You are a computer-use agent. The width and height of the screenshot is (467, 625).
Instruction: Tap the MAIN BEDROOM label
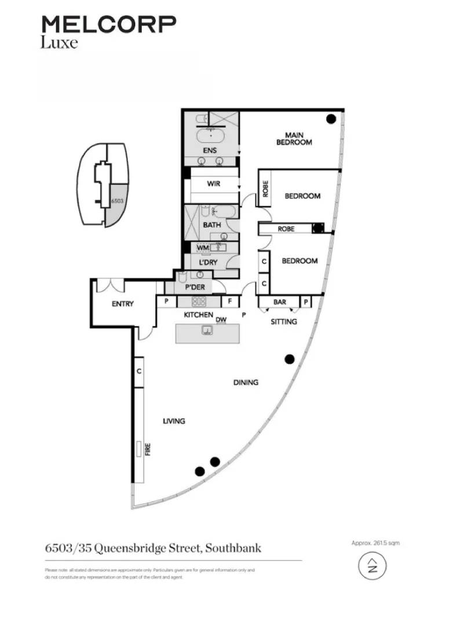click(x=294, y=139)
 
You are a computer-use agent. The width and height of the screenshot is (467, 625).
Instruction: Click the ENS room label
click(x=210, y=151)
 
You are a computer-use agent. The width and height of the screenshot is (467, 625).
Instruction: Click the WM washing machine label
click(x=202, y=248)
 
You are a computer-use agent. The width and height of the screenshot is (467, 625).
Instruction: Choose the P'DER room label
click(x=196, y=287)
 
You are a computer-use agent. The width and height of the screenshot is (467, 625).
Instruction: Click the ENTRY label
click(x=122, y=304)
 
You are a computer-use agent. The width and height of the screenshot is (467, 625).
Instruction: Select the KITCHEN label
click(x=199, y=315)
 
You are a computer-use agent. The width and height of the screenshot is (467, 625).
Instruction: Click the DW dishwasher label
click(x=220, y=319)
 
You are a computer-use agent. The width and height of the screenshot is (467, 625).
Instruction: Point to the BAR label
click(x=280, y=302)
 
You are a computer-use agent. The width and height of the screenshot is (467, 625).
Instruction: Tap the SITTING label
click(x=284, y=322)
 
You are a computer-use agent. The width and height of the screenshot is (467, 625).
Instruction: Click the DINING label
click(x=246, y=383)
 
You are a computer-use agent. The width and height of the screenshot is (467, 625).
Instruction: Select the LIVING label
click(x=174, y=421)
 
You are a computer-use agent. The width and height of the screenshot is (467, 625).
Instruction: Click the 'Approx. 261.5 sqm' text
click(x=375, y=543)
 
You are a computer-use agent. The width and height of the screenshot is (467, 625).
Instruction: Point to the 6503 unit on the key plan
click(x=115, y=201)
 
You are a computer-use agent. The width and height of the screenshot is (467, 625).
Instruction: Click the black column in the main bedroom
click(x=331, y=119)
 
